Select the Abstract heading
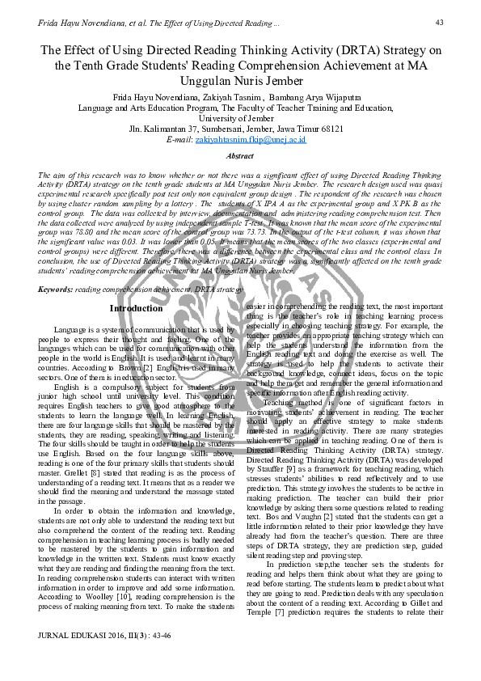point(240,156)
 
